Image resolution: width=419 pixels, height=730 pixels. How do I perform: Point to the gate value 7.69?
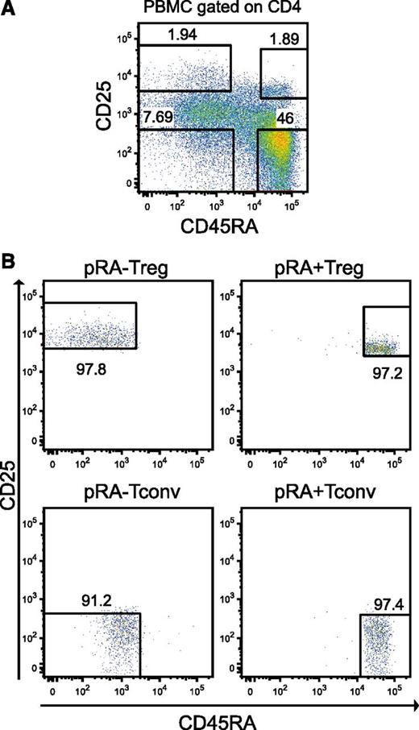coord(159,118)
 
